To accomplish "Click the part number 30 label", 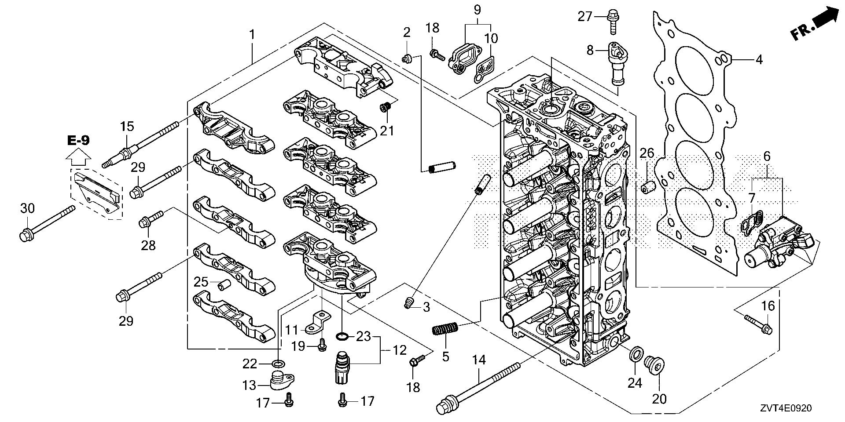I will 27,209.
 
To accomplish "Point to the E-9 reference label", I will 79,141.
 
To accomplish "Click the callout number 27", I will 585,17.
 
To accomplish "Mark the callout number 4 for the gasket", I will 759,59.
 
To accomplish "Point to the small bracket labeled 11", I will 320,322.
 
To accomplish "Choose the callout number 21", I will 388,130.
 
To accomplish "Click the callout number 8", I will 590,51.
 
